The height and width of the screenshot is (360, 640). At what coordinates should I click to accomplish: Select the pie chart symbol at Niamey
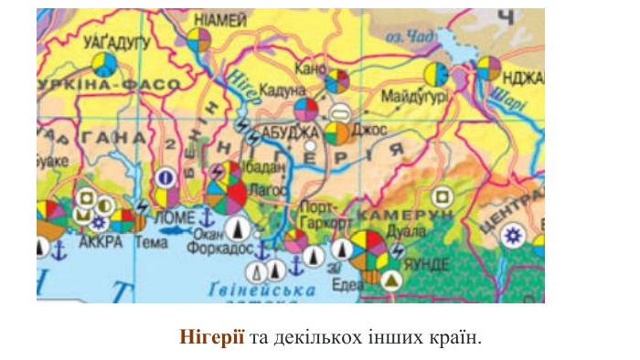coord(198,40)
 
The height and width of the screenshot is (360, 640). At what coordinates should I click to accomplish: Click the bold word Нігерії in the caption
coord(212,337)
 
